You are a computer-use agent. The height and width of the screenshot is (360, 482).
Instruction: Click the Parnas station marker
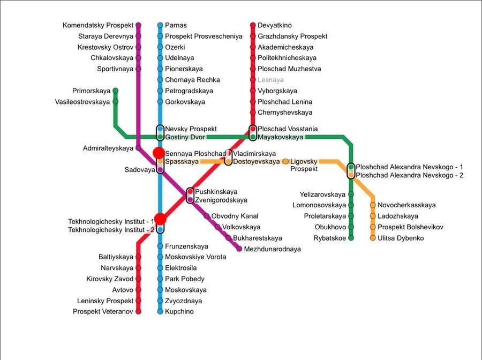(160, 25)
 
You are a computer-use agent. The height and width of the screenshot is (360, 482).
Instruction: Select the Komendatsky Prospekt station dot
(138, 25)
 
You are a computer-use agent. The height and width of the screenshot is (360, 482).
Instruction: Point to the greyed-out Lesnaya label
(270, 80)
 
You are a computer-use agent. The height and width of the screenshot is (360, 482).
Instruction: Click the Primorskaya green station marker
(115, 91)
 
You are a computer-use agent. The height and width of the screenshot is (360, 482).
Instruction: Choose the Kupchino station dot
(160, 311)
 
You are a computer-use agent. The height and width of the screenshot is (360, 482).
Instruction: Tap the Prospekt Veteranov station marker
(138, 311)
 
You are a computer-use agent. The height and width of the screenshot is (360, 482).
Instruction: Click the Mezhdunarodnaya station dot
(239, 249)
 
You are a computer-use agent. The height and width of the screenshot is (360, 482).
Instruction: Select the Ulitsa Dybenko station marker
(373, 238)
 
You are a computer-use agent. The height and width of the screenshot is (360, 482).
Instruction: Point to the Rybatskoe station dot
(351, 238)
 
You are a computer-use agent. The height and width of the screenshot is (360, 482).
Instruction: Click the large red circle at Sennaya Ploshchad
(159, 153)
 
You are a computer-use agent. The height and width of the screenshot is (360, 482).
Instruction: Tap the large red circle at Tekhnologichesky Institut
(160, 219)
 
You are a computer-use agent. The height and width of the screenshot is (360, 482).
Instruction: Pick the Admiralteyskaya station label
(108, 148)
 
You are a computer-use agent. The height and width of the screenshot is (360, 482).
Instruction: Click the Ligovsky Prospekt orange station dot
(285, 161)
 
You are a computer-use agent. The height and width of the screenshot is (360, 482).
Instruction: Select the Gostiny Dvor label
(184, 138)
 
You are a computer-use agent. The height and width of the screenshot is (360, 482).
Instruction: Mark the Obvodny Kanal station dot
(207, 216)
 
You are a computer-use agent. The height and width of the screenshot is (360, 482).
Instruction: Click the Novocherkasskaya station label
(406, 205)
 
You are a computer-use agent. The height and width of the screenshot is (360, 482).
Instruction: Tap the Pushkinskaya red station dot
(190, 192)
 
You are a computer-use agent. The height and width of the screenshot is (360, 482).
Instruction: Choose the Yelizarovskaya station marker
(351, 194)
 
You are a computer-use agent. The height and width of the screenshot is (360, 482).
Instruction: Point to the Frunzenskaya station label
(186, 246)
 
